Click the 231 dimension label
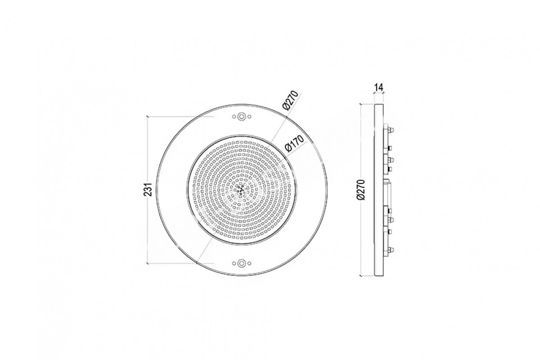149,189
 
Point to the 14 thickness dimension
378,87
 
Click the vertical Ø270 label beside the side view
362,189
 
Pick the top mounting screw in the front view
241,117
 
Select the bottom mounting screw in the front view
241,263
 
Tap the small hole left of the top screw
234,117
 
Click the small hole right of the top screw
249,117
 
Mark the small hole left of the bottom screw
234,263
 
